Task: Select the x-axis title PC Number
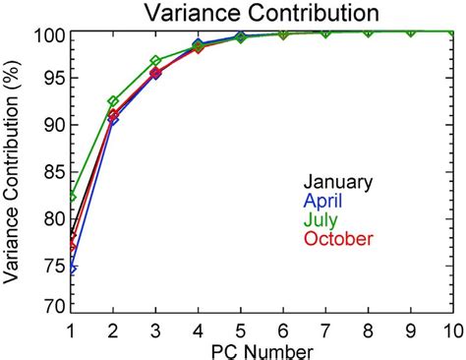pos(261,350)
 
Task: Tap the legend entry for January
pos(338,182)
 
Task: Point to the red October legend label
pos(338,238)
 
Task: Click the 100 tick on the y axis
pos(49,35)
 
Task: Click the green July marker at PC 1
pos(72,197)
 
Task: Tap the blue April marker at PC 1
pos(72,268)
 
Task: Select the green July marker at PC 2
pos(114,101)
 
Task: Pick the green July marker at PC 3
pos(156,61)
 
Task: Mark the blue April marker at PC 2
pos(114,120)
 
